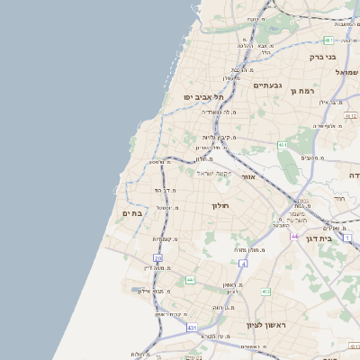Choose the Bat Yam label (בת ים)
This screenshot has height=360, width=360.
pos(132,212)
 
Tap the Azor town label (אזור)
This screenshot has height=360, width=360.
pos(249,177)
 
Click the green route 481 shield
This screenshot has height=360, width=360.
pos(329,40)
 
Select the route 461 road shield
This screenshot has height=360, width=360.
pos(283,145)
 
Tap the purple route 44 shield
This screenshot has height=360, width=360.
pos(294,236)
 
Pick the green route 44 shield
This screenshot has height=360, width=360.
pos(190,280)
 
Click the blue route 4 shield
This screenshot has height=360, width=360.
pos(243,264)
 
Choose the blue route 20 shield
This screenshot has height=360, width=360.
pos(157,258)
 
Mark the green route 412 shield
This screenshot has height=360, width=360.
pos(265,292)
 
